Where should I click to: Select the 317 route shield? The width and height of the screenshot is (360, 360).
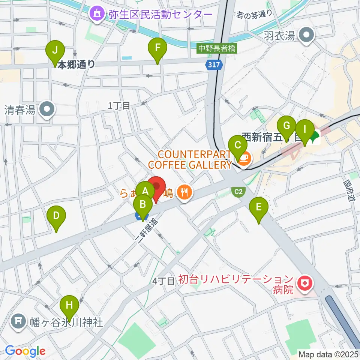pos(213,65)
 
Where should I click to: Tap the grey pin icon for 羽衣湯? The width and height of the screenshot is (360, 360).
pos(306,36)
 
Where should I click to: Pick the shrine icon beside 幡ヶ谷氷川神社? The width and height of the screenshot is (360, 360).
pos(18,322)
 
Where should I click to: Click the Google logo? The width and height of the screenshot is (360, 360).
pos(25,351)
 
